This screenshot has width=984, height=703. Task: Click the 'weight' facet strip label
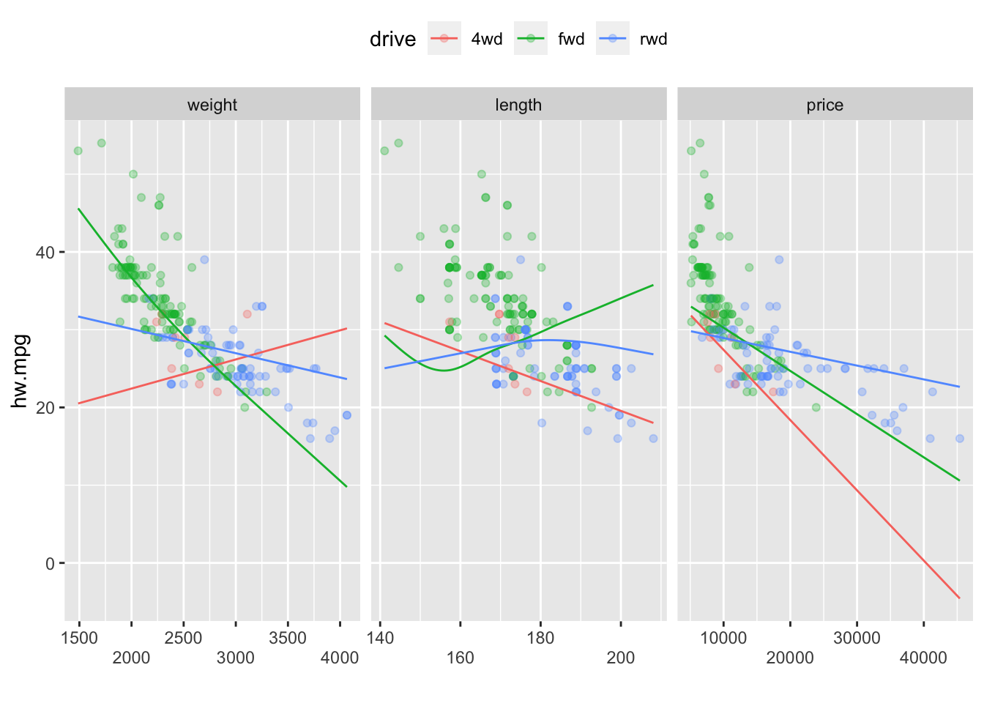212,105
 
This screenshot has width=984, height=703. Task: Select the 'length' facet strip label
518,105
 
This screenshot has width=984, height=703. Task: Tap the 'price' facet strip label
824,105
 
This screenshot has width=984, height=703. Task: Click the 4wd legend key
444,39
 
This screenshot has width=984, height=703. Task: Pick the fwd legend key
531,39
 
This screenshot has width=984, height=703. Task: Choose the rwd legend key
613,39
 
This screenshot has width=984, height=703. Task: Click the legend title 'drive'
392,39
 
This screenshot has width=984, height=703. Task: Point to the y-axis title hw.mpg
20,371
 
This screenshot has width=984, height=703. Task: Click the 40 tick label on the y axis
45,253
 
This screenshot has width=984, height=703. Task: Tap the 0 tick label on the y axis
50,564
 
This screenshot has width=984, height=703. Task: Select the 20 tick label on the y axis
45,408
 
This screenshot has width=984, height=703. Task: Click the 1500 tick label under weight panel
79,638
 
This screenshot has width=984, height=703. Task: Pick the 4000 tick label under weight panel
340,658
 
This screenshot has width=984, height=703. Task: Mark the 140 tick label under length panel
380,638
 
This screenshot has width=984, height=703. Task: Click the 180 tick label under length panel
540,638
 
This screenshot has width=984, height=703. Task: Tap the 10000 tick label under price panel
723,638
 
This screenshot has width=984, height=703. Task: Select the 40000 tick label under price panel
923,658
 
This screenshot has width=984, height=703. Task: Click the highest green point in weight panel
102,143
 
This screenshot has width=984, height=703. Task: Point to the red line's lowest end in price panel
959,598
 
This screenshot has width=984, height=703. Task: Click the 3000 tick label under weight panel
236,658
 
